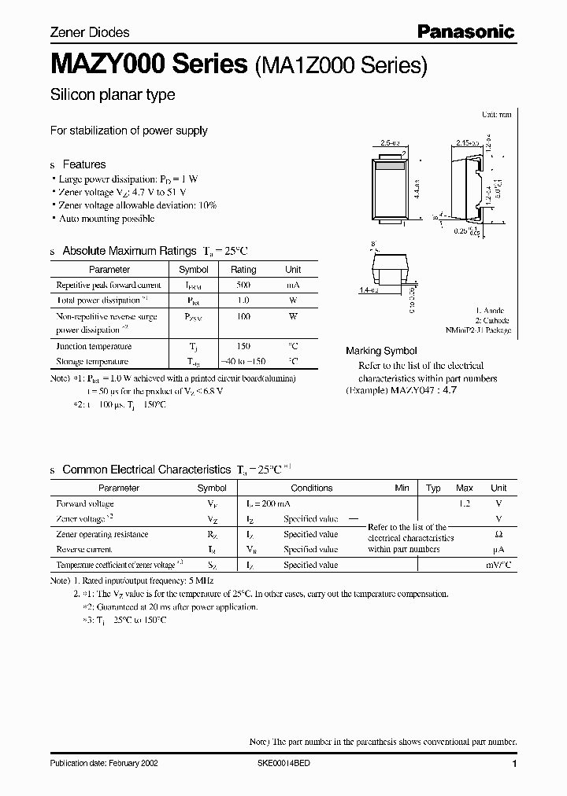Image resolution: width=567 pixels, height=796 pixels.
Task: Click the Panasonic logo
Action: click(465, 32)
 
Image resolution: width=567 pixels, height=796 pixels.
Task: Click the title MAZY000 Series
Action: click(149, 64)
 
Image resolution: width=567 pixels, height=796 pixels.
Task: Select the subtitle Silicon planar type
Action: click(113, 95)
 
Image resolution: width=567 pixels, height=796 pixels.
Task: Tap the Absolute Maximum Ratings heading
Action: click(154, 251)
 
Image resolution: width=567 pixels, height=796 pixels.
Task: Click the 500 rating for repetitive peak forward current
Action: click(243, 285)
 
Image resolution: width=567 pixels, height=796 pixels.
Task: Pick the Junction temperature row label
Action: click(94, 346)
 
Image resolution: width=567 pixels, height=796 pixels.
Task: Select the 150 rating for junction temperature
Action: click(243, 346)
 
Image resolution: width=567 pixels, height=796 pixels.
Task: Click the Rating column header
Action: click(243, 270)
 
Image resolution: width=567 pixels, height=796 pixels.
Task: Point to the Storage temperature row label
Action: click(92, 362)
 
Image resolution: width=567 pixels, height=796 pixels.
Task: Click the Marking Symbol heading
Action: click(381, 351)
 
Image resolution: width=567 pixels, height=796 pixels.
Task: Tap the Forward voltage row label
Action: click(85, 503)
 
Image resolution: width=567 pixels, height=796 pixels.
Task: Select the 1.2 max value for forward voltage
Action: click(464, 503)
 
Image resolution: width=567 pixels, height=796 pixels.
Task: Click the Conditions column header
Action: click(312, 488)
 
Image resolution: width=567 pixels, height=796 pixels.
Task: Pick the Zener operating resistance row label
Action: click(102, 534)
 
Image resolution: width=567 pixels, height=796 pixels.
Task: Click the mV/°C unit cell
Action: click(498, 565)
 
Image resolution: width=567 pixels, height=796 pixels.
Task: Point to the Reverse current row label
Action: click(84, 550)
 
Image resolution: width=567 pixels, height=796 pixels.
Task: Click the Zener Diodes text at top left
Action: click(90, 33)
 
